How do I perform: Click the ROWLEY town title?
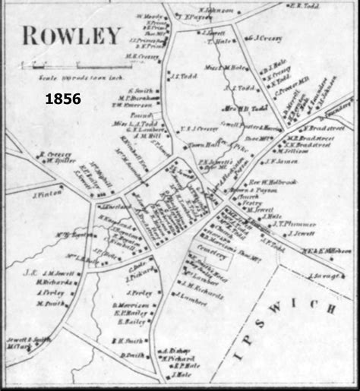(71, 35)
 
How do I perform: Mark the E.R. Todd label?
(304, 5)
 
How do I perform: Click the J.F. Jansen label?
(279, 162)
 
